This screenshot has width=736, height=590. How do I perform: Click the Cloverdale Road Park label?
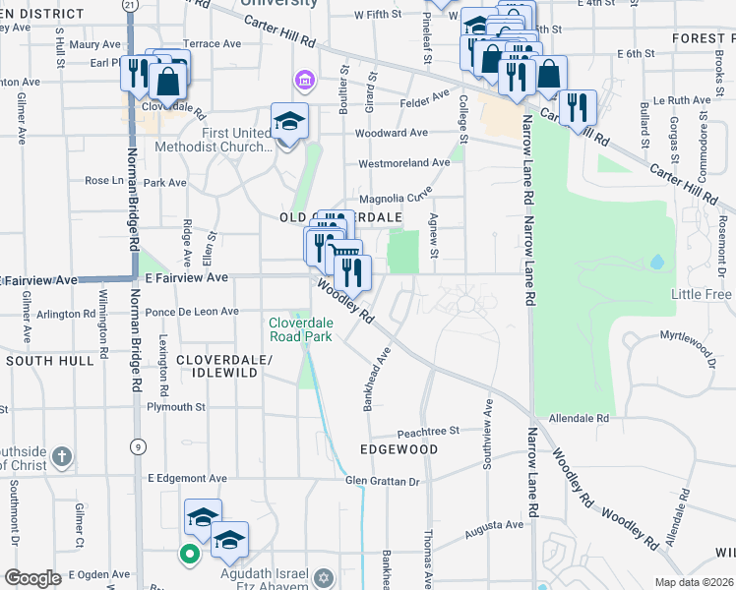click(x=300, y=328)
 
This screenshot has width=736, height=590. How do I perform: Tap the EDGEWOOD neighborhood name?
click(x=399, y=449)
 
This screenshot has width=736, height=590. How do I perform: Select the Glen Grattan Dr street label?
click(x=382, y=481)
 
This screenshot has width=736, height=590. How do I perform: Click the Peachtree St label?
click(x=428, y=431)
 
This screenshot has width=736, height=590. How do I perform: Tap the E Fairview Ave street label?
click(x=186, y=278)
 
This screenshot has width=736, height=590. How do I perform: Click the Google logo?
click(x=32, y=578)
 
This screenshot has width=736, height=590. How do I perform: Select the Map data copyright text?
click(x=693, y=582)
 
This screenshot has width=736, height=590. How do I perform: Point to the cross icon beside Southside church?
click(x=61, y=456)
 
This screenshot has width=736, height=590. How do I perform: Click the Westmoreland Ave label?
click(x=404, y=162)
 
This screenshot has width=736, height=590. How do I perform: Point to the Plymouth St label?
click(x=175, y=406)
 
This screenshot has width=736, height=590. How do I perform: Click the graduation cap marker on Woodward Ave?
click(x=289, y=123)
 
